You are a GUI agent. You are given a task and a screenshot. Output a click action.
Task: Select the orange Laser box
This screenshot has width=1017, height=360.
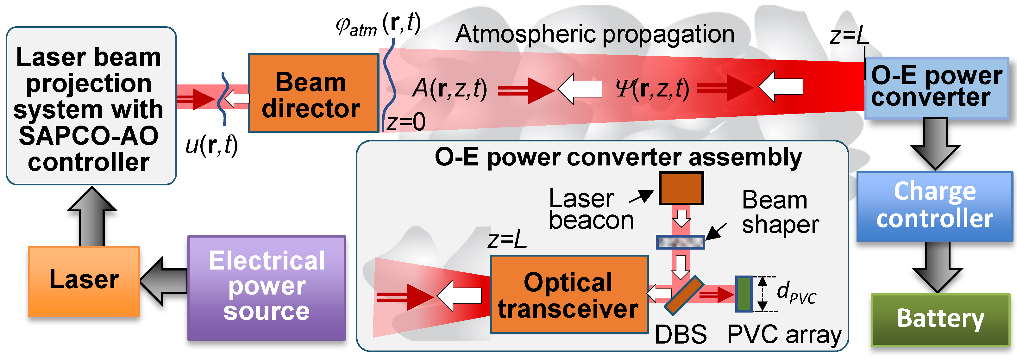coord(84,281)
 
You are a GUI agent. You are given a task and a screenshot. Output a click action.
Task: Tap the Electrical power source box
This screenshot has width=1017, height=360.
coord(267,288)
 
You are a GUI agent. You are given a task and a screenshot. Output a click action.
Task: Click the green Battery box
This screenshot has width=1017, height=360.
coord(940,320)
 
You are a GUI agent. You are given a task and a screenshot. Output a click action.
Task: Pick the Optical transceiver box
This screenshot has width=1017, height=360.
coord(569,295)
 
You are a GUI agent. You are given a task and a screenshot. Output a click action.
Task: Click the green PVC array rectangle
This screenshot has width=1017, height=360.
coord(744,294)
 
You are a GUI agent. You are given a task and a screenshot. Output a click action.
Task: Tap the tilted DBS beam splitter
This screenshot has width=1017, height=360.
coord(684,295)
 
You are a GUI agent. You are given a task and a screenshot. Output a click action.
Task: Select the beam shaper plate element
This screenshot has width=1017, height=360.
coord(680,242)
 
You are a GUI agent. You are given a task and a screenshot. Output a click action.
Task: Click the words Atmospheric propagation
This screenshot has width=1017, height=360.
coord(594,34)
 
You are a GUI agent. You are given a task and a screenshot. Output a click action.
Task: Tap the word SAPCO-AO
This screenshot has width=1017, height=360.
coord(89,136)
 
